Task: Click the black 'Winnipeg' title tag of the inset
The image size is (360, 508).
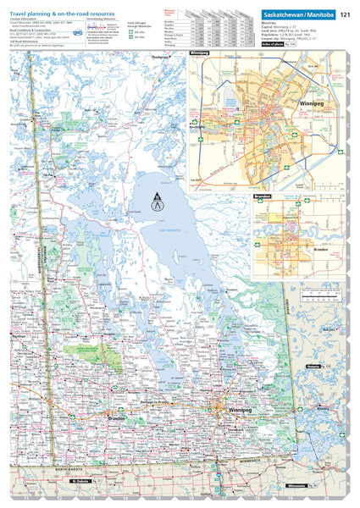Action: point(199,54)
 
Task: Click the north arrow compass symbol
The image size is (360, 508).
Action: point(155,204)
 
